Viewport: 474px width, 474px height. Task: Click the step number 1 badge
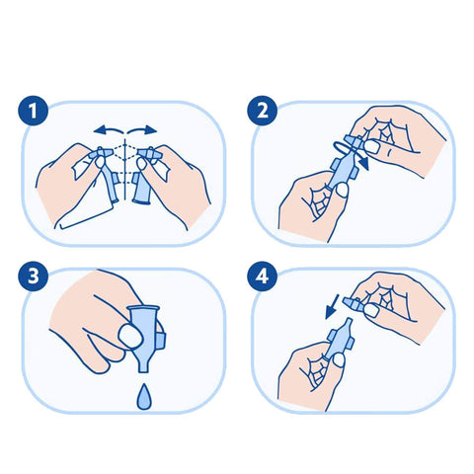pyautogui.click(x=33, y=111)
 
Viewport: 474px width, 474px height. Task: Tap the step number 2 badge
pyautogui.click(x=263, y=111)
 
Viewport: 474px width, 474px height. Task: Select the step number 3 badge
pyautogui.click(x=33, y=276)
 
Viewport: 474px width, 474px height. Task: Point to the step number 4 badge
pyautogui.click(x=263, y=276)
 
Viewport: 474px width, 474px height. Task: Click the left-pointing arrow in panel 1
pyautogui.click(x=108, y=130)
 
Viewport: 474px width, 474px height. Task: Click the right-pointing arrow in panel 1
pyautogui.click(x=142, y=130)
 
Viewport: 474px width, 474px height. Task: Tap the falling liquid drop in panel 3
pyautogui.click(x=144, y=397)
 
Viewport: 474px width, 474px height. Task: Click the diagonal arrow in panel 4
pyautogui.click(x=332, y=307)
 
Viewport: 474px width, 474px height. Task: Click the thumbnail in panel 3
pyautogui.click(x=130, y=337)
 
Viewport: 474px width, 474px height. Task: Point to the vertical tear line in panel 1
pyautogui.click(x=125, y=170)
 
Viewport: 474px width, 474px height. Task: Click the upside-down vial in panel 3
pyautogui.click(x=145, y=339)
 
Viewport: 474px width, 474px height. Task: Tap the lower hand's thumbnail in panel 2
pyautogui.click(x=343, y=190)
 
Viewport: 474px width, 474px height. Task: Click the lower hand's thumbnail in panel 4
pyautogui.click(x=339, y=359)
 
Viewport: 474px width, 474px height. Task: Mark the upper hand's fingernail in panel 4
pyautogui.click(x=372, y=311)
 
